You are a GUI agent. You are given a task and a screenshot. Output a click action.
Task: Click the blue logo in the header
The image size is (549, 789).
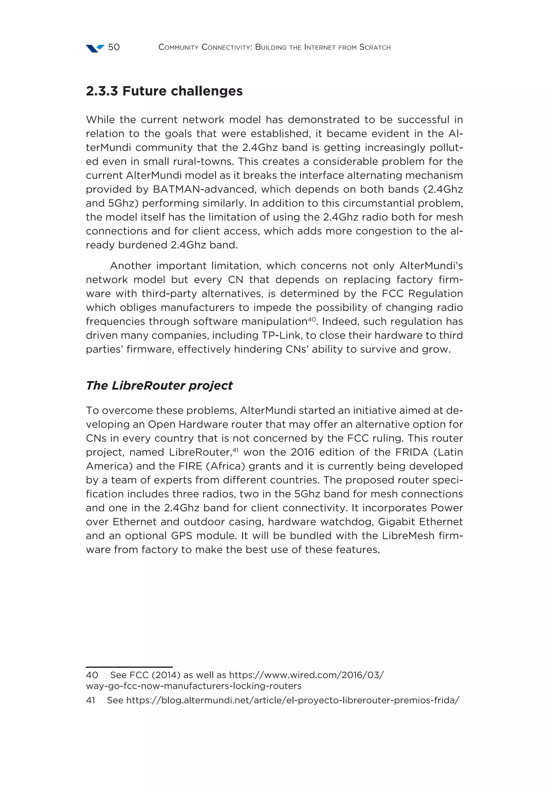95,48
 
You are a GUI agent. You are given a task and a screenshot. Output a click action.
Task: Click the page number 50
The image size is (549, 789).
114,47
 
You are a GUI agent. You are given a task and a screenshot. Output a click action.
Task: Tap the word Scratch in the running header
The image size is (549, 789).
375,47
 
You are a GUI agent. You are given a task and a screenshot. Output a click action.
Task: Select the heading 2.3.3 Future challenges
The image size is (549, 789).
164,91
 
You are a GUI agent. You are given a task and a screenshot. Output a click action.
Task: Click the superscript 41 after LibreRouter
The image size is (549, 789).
235,449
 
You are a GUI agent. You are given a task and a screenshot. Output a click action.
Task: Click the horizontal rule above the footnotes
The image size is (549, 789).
129,667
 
